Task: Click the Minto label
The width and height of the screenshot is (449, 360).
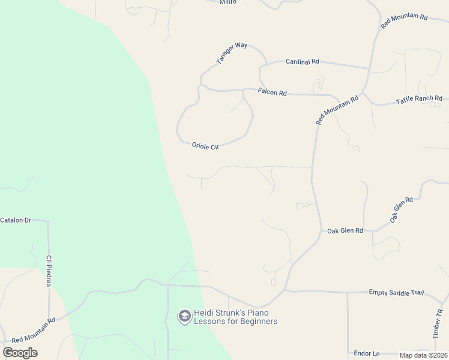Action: point(228,2)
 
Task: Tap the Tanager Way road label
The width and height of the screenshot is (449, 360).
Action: point(232,53)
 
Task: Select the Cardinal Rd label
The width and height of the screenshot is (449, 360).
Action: point(302,61)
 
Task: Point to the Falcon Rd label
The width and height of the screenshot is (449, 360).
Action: point(273,92)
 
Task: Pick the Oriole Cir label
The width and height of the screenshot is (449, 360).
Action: point(205,146)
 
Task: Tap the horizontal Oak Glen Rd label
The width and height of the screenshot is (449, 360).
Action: point(345,230)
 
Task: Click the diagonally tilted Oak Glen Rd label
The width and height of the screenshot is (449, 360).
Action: point(402,210)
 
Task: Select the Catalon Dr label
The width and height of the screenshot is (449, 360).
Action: point(16,220)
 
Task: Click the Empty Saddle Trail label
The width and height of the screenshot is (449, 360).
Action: point(396,292)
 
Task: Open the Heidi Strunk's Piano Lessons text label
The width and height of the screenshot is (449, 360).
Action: point(235,317)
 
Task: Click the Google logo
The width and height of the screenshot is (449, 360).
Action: point(20,353)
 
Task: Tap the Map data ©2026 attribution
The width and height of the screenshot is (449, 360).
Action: point(424,355)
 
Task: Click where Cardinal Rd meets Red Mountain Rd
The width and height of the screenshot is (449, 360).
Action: point(369,68)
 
